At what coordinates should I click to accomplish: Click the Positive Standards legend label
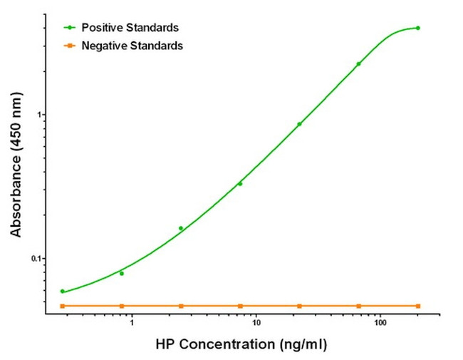coord(130,28)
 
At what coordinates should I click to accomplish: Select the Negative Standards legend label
coord(132,46)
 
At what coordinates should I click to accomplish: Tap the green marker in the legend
coord(69,28)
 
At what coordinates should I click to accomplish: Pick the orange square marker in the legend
coord(69,46)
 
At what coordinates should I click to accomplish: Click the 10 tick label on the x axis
coord(256,323)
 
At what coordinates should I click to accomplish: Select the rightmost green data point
coord(417,28)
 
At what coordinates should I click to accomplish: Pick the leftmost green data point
coord(63,291)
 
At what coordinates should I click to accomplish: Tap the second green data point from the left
coord(122,273)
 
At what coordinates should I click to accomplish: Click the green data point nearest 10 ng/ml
coord(240,183)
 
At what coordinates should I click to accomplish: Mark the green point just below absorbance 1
coord(299,124)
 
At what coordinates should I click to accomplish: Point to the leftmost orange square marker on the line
coord(63,306)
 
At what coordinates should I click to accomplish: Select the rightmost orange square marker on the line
coord(417,306)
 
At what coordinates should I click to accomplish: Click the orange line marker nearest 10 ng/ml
coord(240,306)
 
